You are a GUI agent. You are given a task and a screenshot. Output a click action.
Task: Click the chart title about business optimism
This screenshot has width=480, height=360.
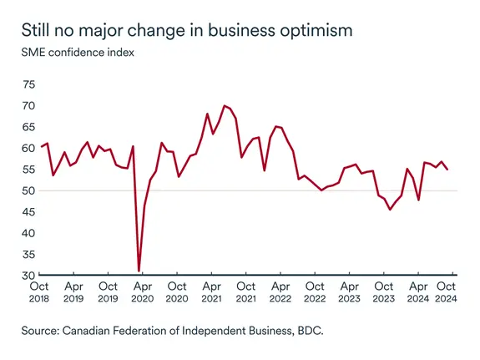coord(187,31)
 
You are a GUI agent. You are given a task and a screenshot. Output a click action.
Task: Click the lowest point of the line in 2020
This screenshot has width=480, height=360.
coord(139,271)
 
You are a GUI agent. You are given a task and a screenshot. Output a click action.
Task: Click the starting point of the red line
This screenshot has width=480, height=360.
coord(41,147)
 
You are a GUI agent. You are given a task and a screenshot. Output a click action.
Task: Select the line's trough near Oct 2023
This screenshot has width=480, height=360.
coord(390,209)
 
